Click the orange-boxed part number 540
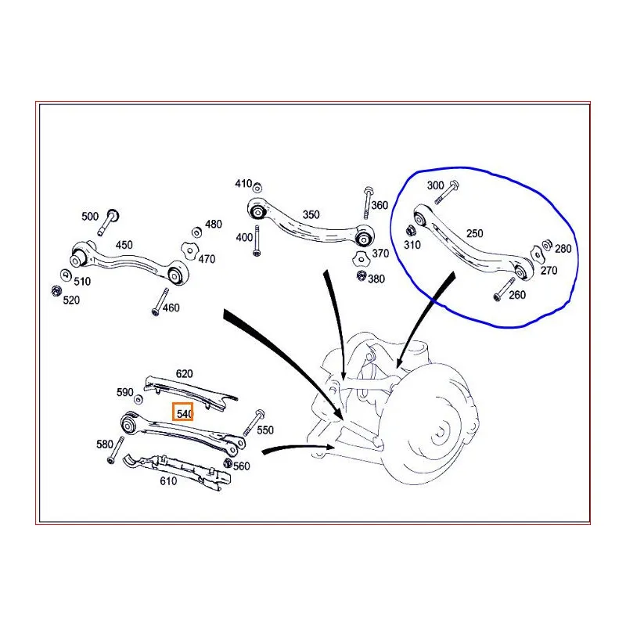(185, 414)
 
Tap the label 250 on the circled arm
(474, 233)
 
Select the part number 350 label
(311, 214)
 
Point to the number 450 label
(124, 245)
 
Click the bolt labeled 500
(108, 222)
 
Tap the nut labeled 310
(411, 231)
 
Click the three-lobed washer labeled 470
(189, 250)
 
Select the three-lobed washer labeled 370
(361, 259)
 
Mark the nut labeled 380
(362, 275)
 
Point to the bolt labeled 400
(257, 241)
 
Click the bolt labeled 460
(160, 302)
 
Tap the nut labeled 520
(56, 290)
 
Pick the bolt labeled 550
(254, 423)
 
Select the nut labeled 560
(228, 463)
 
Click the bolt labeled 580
(115, 450)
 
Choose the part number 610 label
(168, 481)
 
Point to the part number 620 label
(184, 374)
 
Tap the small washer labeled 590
(139, 399)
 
